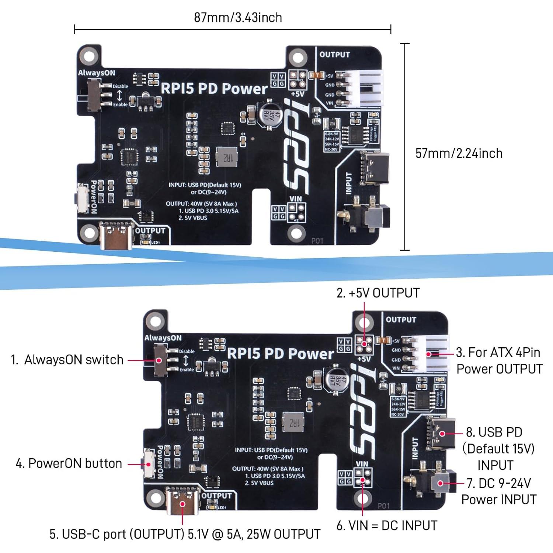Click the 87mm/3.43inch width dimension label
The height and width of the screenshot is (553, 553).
[238, 17]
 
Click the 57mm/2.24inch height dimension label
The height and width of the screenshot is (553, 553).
[459, 153]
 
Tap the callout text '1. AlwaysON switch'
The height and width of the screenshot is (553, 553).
[67, 359]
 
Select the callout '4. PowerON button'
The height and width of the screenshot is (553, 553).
[69, 463]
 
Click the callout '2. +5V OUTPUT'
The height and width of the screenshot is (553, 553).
[378, 293]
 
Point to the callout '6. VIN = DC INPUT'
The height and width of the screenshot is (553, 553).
[387, 525]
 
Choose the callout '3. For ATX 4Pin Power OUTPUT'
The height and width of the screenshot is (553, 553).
[499, 361]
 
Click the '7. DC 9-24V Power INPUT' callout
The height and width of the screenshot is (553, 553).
[499, 491]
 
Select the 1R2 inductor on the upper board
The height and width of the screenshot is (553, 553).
[226, 157]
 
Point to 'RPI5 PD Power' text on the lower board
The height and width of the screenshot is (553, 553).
[280, 354]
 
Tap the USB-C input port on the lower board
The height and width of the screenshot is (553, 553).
[441, 434]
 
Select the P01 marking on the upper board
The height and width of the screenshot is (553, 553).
[317, 241]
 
